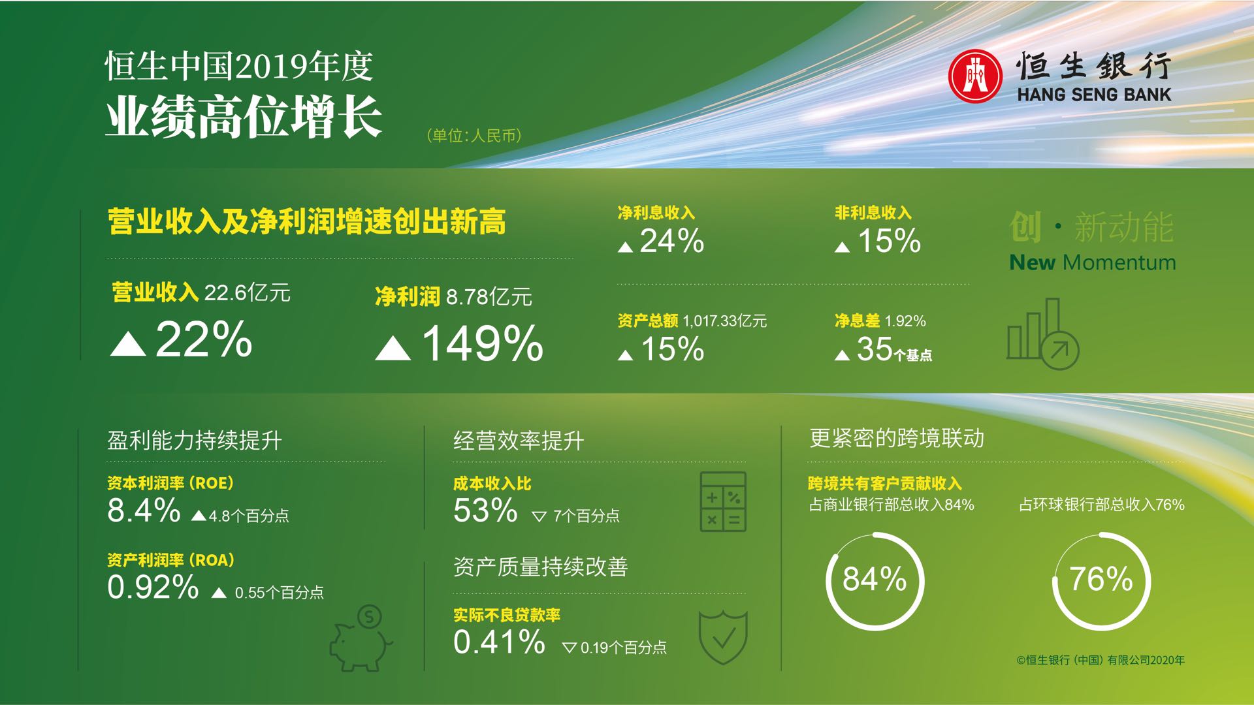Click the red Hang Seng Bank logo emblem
975,76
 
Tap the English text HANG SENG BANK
1094,95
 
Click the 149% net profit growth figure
483,343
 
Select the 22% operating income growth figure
204,339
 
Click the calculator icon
723,501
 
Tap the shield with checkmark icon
723,637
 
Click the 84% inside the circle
875,579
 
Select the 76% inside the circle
1101,579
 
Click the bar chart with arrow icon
1043,334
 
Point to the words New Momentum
1093,262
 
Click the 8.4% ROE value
144,510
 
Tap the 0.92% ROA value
153,587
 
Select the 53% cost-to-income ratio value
485,510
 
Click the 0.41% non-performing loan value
499,642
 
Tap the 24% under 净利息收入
672,241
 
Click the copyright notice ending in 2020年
1101,660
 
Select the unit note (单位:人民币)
474,136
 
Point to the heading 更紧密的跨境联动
897,438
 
